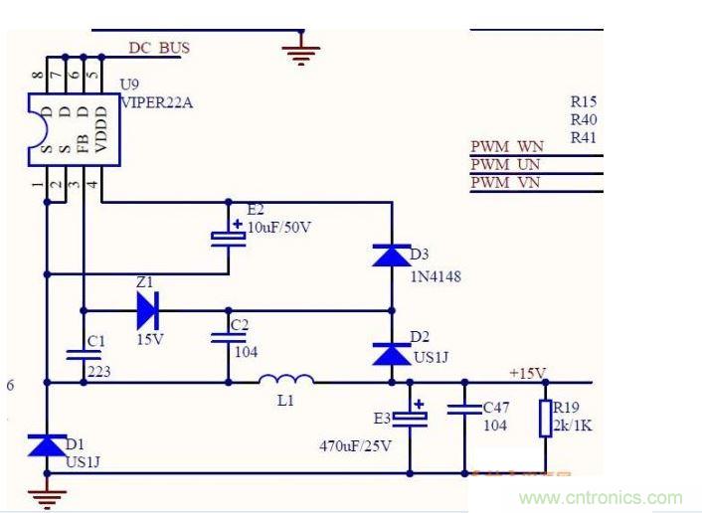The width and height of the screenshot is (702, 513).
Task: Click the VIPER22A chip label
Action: [x=158, y=100]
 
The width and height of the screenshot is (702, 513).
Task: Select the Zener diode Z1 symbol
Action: [x=147, y=309]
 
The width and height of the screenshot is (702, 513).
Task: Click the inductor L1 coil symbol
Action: [x=287, y=379]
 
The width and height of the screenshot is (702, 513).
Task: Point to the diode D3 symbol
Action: [x=390, y=254]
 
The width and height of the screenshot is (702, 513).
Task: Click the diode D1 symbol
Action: [x=47, y=444]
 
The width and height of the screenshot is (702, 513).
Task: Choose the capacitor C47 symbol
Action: [x=463, y=408]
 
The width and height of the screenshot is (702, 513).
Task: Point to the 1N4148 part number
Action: [x=436, y=275]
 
